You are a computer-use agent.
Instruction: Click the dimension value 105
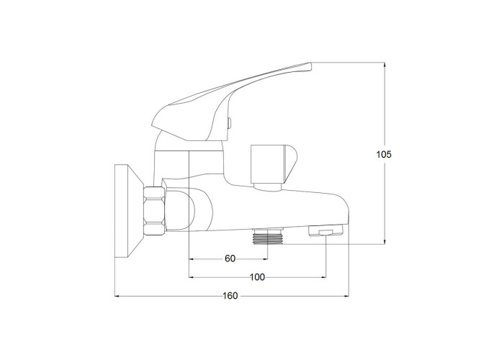(384, 155)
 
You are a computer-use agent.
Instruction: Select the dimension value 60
(230, 258)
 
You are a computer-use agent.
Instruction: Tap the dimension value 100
(257, 277)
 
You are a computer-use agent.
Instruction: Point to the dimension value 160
(230, 296)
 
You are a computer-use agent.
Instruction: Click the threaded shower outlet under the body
(268, 237)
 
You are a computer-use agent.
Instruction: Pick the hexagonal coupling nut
(155, 211)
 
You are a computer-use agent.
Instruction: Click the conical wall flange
(129, 211)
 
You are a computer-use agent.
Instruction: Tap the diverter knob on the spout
(274, 164)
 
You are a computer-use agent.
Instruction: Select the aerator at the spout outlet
(326, 231)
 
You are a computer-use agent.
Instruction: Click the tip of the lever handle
(310, 66)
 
